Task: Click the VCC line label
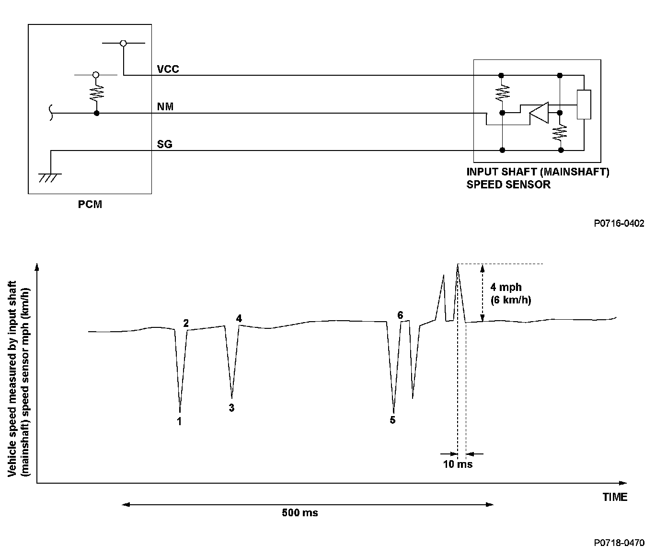(x=168, y=69)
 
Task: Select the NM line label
(x=165, y=106)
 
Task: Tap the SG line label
(x=165, y=144)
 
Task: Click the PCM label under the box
(x=90, y=204)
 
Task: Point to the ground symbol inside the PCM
(x=50, y=177)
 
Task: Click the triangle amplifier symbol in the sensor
(x=539, y=113)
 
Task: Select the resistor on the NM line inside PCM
(x=96, y=92)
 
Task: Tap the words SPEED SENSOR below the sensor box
(x=508, y=184)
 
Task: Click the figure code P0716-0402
(x=619, y=223)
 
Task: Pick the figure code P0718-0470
(x=619, y=543)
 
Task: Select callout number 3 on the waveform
(x=231, y=408)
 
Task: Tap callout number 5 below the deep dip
(x=392, y=420)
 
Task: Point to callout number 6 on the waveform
(x=400, y=315)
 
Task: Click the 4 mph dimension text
(x=506, y=288)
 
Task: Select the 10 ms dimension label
(x=458, y=464)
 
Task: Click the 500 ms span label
(x=299, y=513)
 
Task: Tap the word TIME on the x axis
(x=615, y=497)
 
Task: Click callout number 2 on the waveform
(x=186, y=323)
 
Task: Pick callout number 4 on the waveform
(x=239, y=318)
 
